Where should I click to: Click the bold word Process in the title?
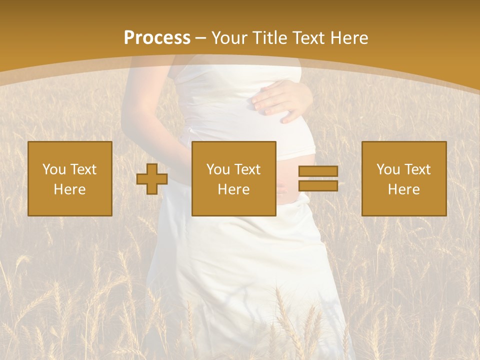pos(157,38)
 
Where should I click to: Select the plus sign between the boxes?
pos(152,178)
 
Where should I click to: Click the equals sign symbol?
pos(318,178)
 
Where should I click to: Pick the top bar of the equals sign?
pos(318,171)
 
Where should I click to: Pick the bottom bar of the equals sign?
pos(318,185)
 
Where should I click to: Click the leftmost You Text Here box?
pos(70,178)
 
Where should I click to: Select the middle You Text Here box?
pos(234,178)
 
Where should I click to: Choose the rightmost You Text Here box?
pos(404,178)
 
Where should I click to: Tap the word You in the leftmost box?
pos(54,169)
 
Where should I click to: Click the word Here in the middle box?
pos(234,189)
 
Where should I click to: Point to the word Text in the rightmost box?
pos(418,169)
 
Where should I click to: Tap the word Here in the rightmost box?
pos(404,189)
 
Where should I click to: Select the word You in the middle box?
pos(218,169)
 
